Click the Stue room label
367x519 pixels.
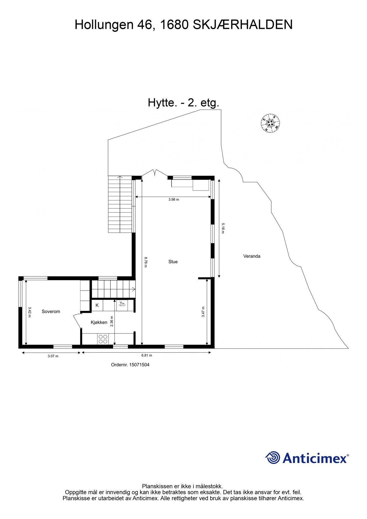tap(173, 262)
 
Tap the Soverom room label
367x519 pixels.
tap(51, 311)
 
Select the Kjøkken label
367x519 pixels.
tap(99, 322)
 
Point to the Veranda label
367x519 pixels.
tap(252, 256)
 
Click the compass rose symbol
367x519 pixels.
tap(270, 123)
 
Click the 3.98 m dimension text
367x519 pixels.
tap(174, 200)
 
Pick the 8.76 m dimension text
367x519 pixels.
tap(146, 262)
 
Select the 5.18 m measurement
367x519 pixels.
tap(222, 228)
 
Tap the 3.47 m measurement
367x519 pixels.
tap(203, 312)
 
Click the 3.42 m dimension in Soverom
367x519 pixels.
tap(29, 312)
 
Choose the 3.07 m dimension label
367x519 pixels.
tap(53, 356)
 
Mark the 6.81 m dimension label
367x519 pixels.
tap(147, 356)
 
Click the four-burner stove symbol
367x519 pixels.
tap(103, 339)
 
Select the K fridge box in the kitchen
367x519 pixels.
tap(97, 305)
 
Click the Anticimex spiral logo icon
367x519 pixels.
tap(272, 458)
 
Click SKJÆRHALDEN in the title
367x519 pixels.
tap(242, 25)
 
